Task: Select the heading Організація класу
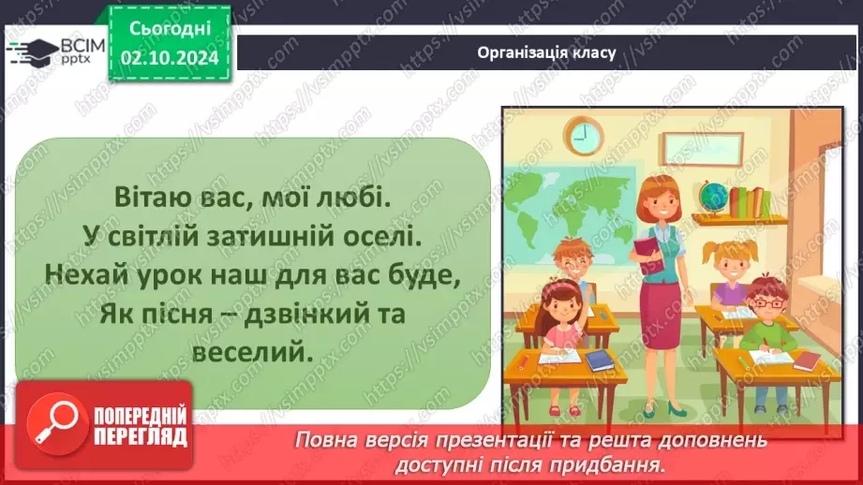click(545, 52)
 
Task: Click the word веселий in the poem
click(254, 353)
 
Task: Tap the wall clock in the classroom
click(582, 137)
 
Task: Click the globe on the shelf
click(713, 196)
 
